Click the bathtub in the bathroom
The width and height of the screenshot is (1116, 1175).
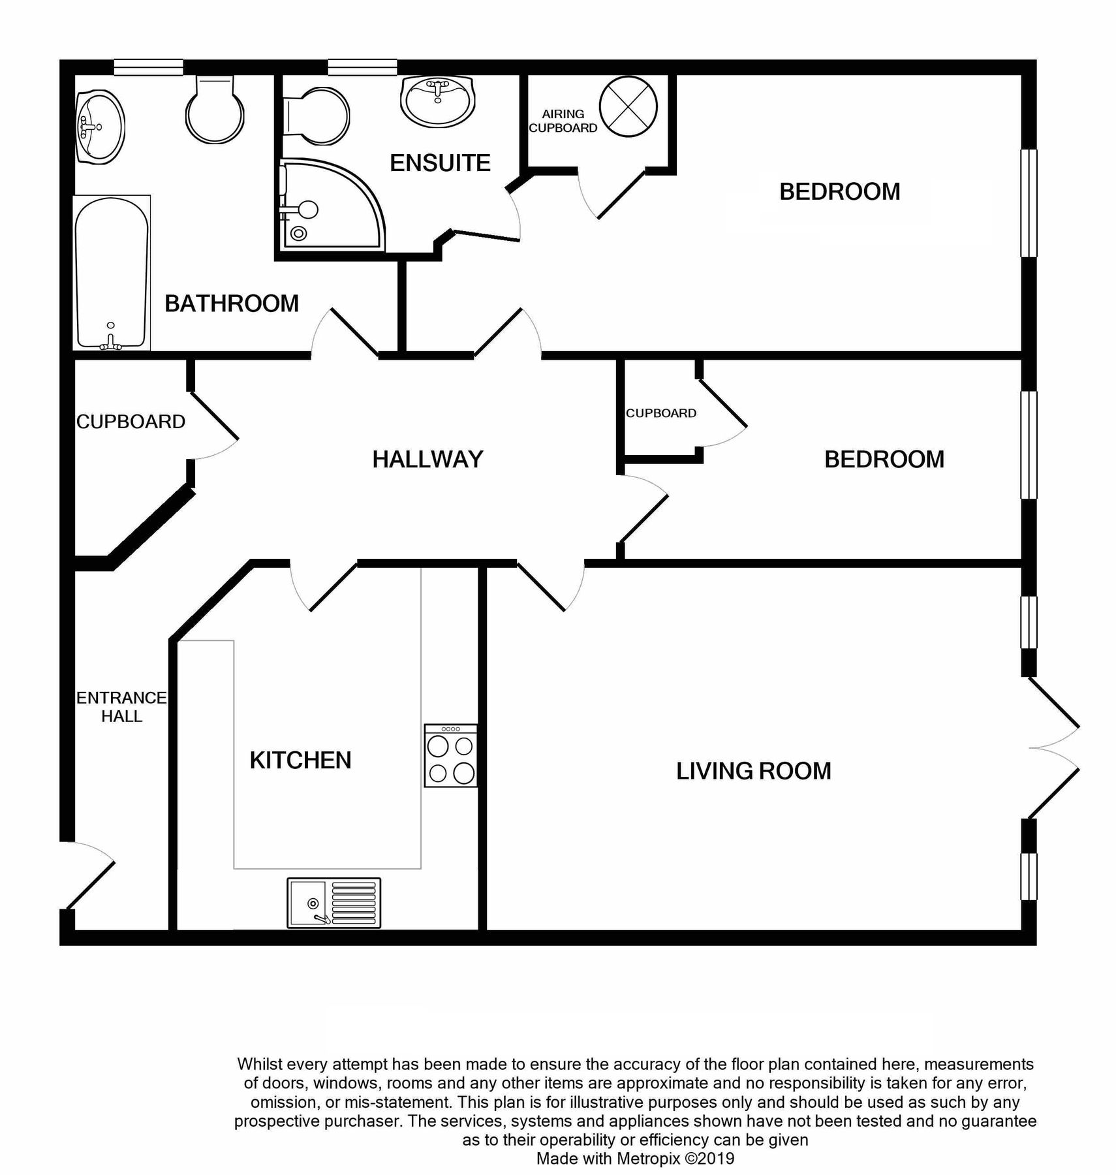click(x=112, y=273)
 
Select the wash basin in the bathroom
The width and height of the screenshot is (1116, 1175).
click(x=100, y=126)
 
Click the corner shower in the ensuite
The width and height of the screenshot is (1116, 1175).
click(x=326, y=206)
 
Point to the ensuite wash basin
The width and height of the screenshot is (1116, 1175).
click(x=437, y=101)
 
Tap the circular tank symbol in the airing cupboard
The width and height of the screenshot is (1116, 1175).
click(x=628, y=106)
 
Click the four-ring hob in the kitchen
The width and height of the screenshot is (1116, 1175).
click(x=450, y=755)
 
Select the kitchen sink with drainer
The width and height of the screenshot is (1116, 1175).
click(x=333, y=903)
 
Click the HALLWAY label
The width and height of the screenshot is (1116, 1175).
click(x=427, y=460)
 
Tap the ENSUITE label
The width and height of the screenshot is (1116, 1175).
click(x=440, y=163)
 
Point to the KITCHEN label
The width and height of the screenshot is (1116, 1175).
click(x=300, y=760)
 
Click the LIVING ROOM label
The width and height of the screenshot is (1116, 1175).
click(x=753, y=772)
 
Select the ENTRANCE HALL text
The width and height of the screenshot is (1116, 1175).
click(x=121, y=707)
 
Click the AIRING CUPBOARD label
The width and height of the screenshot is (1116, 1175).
click(x=563, y=121)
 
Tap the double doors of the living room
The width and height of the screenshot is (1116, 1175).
click(x=1052, y=748)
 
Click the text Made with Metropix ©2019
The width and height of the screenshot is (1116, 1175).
click(x=634, y=1159)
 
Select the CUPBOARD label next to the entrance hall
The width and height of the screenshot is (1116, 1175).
click(x=131, y=422)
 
